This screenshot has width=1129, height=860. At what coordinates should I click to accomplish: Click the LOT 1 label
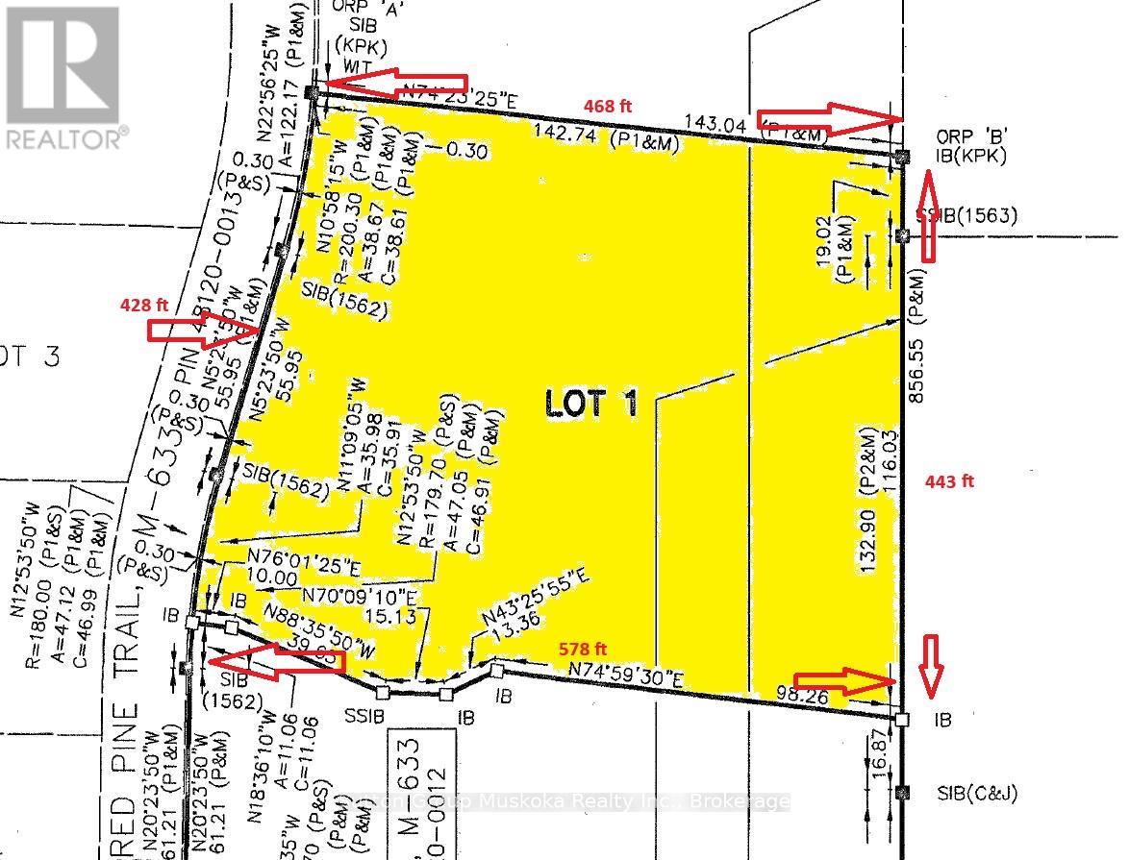pos(590,405)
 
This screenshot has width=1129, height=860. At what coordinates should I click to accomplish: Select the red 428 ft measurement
pos(143,305)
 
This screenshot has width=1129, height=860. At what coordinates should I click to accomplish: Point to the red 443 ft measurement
pos(950,481)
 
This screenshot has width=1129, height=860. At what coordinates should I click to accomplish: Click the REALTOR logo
pos(64,76)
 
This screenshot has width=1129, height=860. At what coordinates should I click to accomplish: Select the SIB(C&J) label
pos(976,794)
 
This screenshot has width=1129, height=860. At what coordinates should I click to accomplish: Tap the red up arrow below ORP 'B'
pos(929,215)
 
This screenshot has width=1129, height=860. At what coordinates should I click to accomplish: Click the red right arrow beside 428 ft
pos(202,332)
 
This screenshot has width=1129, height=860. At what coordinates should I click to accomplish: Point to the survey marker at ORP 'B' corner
pos(901,156)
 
